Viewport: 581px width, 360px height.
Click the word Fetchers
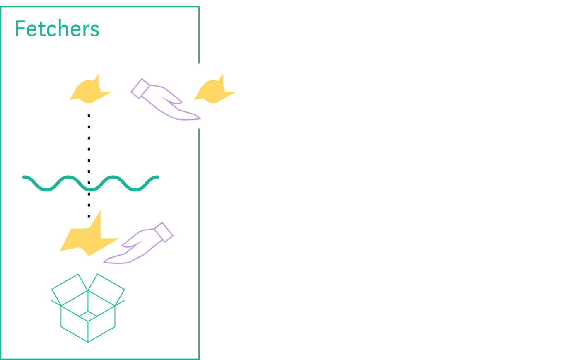click(x=57, y=29)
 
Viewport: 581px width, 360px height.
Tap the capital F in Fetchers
click(x=19, y=29)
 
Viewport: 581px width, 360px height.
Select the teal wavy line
click(x=91, y=184)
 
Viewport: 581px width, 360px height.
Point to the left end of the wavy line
click(x=24, y=177)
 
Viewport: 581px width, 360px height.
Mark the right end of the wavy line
click(x=157, y=177)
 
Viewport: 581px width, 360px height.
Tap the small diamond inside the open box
click(x=88, y=316)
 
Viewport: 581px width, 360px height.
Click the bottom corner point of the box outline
click(x=88, y=342)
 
